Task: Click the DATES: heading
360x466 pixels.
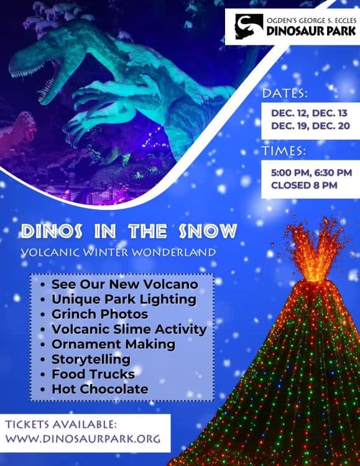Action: coord(285,94)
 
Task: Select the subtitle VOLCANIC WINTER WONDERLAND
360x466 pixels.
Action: coord(118,253)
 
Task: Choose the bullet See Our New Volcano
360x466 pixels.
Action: coord(124,284)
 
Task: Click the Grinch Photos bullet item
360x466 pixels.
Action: coord(99,314)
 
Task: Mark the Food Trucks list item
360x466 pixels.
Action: coord(93,374)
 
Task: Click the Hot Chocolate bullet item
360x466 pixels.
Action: coord(99,389)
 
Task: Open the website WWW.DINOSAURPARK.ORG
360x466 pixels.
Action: coord(83,439)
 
